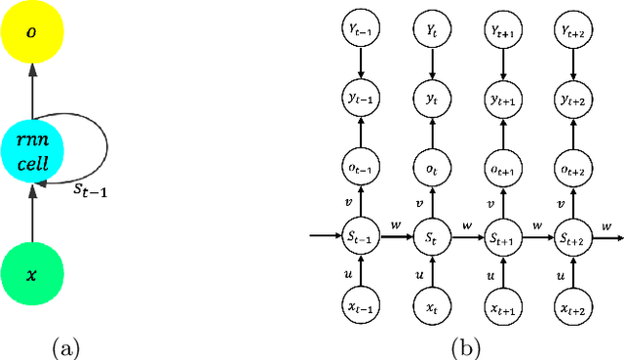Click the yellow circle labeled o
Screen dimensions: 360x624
click(x=32, y=32)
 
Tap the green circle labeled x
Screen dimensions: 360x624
click(x=32, y=274)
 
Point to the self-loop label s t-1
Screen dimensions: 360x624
click(x=91, y=193)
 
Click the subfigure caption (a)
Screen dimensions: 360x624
click(x=65, y=346)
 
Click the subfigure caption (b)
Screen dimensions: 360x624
click(x=462, y=346)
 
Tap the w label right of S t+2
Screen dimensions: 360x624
click(x=605, y=225)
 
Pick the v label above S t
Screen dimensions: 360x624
click(x=418, y=204)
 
